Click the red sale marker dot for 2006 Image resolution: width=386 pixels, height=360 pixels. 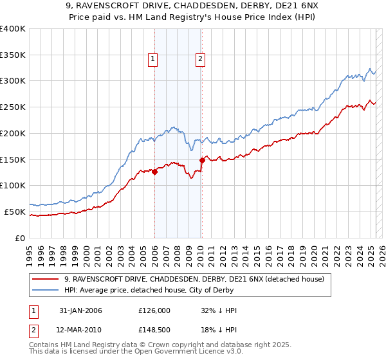(x=155, y=172)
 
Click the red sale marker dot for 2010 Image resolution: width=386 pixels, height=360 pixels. (x=202, y=160)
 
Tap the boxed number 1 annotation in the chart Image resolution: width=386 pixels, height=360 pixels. (x=154, y=60)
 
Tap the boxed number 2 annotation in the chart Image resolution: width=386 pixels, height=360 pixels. (x=201, y=60)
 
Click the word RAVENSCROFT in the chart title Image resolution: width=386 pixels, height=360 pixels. (x=126, y=8)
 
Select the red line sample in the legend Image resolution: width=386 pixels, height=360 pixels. (x=46, y=279)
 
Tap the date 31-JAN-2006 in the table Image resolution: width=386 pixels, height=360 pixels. (x=80, y=310)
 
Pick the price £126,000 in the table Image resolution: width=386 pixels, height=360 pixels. (x=154, y=310)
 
